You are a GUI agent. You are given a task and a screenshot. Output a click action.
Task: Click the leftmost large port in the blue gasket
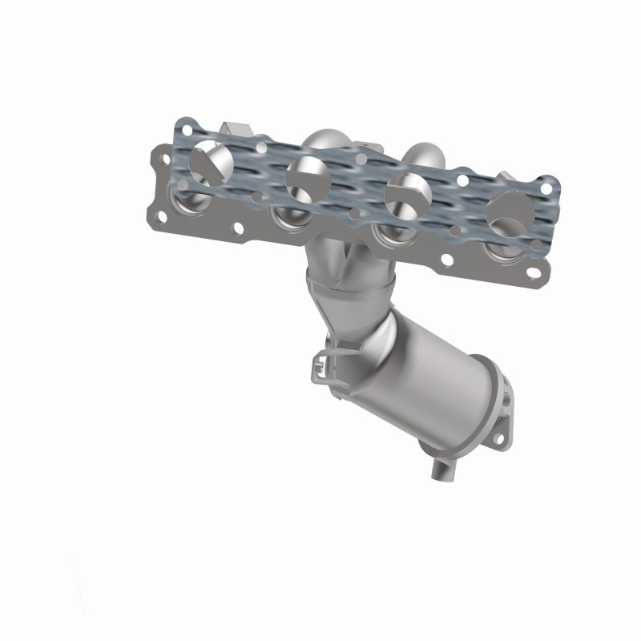(212, 160)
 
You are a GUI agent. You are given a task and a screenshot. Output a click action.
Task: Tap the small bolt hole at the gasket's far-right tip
(547, 189)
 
